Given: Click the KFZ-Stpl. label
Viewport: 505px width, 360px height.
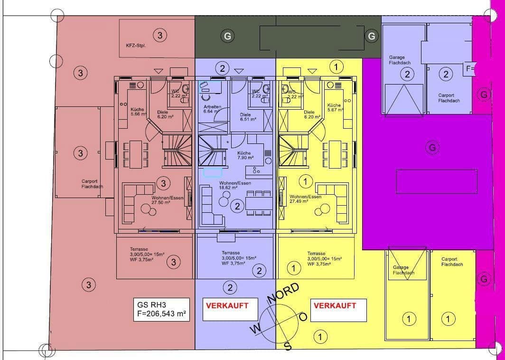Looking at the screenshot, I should (135, 46).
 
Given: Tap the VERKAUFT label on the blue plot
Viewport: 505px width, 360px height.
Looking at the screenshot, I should (227, 306).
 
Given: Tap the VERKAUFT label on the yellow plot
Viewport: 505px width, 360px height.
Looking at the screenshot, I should (335, 306).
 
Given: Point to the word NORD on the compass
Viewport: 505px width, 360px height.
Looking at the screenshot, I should (283, 294).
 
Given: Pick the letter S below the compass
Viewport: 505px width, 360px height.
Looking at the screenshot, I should (287, 346).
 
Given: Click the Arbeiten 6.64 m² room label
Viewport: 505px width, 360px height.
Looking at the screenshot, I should (212, 109).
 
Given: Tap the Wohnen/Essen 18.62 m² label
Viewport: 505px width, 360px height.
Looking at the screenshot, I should (235, 185).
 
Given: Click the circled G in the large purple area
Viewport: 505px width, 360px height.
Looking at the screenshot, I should (432, 148).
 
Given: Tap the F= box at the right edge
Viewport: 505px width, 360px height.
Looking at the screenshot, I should (470, 69).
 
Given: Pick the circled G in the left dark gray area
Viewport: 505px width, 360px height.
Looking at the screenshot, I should (228, 36).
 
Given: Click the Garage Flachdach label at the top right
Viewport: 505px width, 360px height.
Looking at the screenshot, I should (399, 60).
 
